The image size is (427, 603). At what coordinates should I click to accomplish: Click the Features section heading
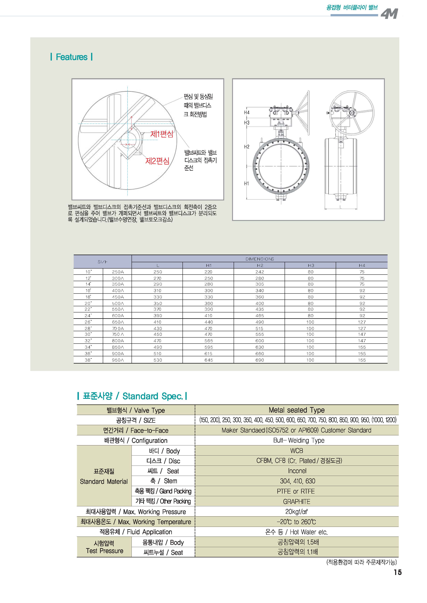71,57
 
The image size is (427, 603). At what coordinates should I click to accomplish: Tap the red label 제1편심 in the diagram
162,134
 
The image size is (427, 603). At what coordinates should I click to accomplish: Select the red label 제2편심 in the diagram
157,161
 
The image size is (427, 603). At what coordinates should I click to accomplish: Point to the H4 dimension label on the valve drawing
247,113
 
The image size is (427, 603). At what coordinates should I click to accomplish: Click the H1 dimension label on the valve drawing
246,183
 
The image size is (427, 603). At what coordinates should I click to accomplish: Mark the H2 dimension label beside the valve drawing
247,147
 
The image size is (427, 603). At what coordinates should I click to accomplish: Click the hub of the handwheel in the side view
352,113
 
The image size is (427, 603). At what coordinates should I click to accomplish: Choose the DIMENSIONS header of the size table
259,259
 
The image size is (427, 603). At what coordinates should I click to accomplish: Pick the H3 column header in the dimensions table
311,265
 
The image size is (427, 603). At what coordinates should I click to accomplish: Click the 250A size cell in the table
118,272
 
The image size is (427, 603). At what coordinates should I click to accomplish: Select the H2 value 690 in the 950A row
259,360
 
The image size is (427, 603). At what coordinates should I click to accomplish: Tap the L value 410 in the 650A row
158,322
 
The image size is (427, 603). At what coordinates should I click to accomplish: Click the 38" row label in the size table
88,360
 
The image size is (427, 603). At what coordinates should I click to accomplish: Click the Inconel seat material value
297,471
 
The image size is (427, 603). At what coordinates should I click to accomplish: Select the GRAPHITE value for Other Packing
297,501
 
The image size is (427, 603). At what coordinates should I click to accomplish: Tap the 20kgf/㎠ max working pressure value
297,512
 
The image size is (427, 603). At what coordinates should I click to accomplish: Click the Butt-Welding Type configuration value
299,440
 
